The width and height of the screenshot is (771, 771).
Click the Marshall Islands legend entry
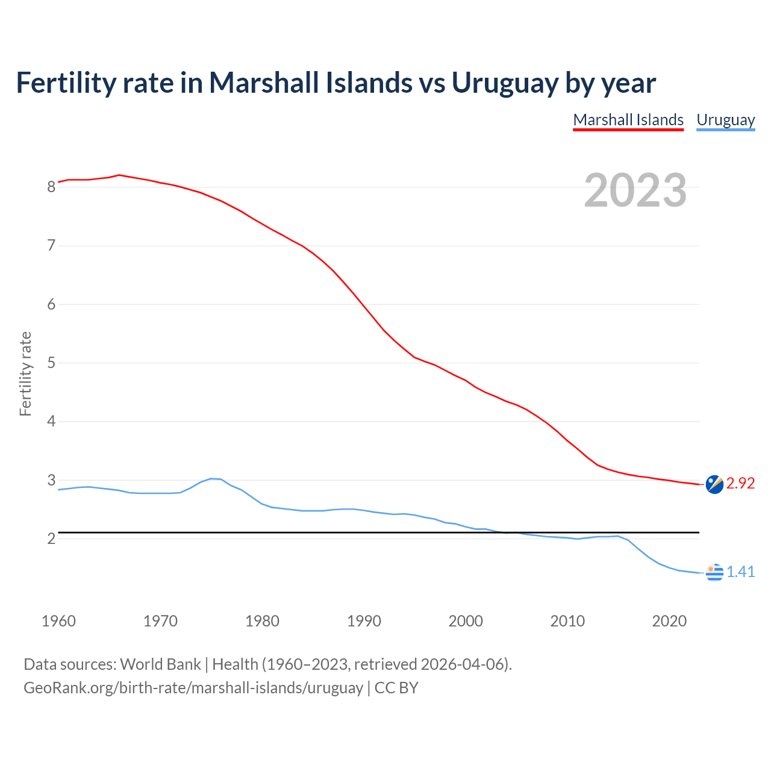tap(628, 120)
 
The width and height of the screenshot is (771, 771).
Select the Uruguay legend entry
tap(725, 120)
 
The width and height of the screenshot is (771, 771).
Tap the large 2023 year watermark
tap(635, 190)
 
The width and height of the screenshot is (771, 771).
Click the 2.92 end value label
tap(740, 484)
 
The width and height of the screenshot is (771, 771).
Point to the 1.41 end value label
tap(740, 572)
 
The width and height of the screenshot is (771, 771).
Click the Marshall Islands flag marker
tap(714, 484)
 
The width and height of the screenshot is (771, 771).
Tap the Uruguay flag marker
tap(714, 572)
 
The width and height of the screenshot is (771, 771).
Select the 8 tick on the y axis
tap(51, 187)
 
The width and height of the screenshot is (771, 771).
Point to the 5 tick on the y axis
tap(51, 363)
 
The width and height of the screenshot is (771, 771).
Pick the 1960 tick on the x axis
tap(58, 621)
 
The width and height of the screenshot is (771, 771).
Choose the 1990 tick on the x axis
tap(364, 621)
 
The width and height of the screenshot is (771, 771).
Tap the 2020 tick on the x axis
tap(669, 621)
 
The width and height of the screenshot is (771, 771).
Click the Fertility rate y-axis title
tap(25, 373)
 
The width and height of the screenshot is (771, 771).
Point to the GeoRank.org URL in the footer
tap(193, 688)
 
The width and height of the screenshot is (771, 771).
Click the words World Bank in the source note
tap(160, 664)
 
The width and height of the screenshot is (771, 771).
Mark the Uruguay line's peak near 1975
tap(211, 478)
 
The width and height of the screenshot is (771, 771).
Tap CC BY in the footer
tap(396, 688)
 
